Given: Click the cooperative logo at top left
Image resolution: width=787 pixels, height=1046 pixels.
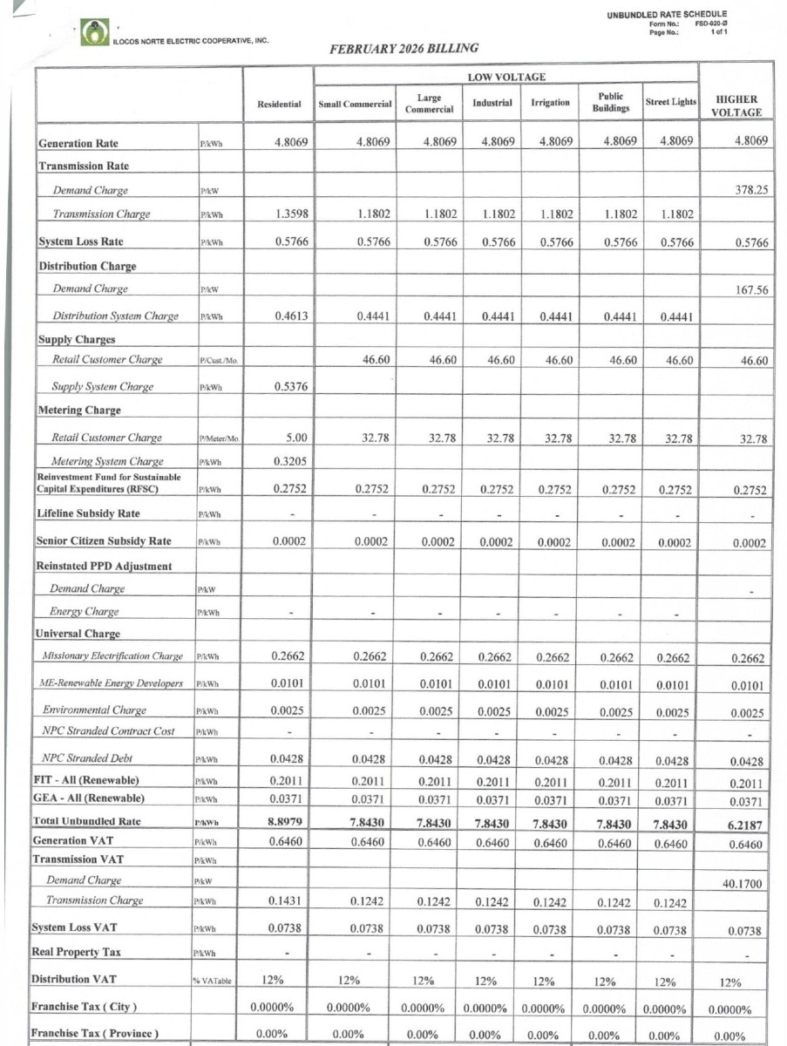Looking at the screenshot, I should (x=94, y=32).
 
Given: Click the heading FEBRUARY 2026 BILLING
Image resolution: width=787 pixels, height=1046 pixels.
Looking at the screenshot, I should (x=404, y=49).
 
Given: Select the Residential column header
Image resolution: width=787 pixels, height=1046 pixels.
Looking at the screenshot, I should (x=279, y=104).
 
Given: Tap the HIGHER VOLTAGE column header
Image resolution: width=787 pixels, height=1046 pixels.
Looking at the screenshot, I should (x=736, y=105).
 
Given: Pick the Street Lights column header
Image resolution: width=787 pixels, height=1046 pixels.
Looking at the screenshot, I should (x=670, y=103).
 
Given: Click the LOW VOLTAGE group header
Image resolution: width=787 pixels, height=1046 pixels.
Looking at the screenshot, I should (x=506, y=78).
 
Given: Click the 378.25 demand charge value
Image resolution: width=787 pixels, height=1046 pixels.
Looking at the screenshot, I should (x=750, y=190).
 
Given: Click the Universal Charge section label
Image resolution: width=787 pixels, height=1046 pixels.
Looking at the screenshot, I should (x=77, y=634).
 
